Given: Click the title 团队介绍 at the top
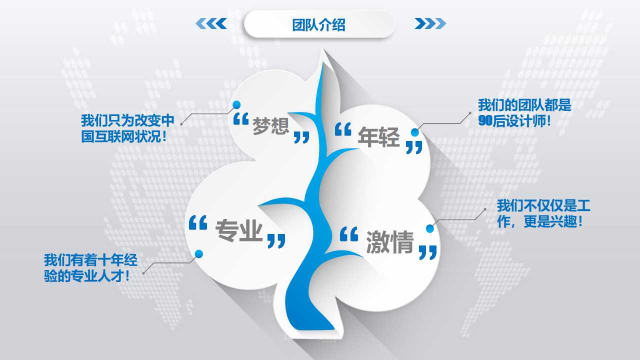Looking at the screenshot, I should pos(319,24).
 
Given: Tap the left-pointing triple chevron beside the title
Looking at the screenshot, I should pos(210,23).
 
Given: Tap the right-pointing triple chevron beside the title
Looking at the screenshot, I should pos(430,23).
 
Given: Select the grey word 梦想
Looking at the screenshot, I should pos(271,126).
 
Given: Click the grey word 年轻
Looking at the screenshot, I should pos(378,136).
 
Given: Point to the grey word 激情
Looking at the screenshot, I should pos(390,243).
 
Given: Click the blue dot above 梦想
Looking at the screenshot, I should pos(237,104).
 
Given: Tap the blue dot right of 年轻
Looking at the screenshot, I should pos(415,132).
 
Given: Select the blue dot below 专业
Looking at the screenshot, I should pos(199,253).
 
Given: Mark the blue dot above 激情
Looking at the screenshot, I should pos(430,229).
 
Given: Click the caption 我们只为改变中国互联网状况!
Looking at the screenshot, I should pos(127,129).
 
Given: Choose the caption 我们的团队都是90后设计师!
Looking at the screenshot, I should pos(524,113).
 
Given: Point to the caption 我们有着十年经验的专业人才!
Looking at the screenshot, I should pos(90,267).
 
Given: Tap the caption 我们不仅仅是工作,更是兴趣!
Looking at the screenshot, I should pos(543,213).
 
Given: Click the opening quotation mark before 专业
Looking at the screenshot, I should pos(198,223).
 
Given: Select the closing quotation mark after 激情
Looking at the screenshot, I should pos(428,252).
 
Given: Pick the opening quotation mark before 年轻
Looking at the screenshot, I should pos(343,129).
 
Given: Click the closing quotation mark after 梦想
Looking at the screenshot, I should pos(301,137).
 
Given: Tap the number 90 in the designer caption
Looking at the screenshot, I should pos(485,120).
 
